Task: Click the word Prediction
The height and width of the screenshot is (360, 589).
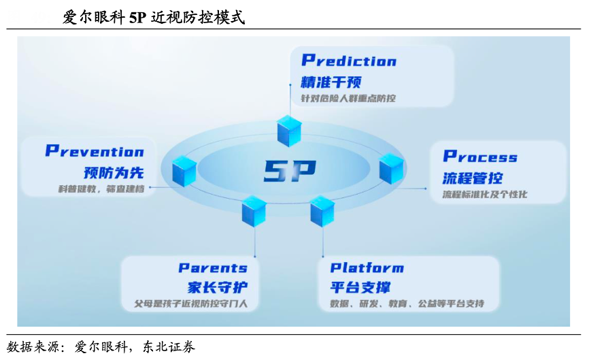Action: [x=349, y=61]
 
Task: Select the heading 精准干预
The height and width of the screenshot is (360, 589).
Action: [x=331, y=82]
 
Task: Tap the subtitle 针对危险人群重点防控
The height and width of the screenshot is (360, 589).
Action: [x=348, y=99]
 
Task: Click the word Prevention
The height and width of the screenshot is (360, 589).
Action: [x=95, y=151]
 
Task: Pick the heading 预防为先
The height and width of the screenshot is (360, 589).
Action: [x=114, y=173]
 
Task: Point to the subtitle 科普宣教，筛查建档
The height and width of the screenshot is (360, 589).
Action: [x=101, y=189]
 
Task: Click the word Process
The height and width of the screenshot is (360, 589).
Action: [x=480, y=156]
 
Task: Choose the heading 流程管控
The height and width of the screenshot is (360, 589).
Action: [x=473, y=178]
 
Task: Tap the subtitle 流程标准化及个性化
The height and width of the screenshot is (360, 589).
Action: [x=485, y=194]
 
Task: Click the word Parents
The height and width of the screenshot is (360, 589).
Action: [x=213, y=268]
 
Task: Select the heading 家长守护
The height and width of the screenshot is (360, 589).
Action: [x=218, y=287]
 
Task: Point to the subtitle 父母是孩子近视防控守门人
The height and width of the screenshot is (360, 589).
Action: [x=191, y=304]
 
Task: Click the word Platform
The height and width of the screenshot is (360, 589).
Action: [x=367, y=267]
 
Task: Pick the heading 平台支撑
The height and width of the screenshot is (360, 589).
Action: [x=360, y=287]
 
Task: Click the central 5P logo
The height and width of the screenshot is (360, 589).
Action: [x=290, y=171]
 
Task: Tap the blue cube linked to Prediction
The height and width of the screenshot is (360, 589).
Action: [x=289, y=131]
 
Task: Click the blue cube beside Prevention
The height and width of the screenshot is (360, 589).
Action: [x=184, y=171]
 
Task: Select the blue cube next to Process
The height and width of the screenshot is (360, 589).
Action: [x=391, y=168]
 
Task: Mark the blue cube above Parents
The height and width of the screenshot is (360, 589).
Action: [x=254, y=211]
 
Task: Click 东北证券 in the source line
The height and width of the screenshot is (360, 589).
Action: [x=169, y=347]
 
